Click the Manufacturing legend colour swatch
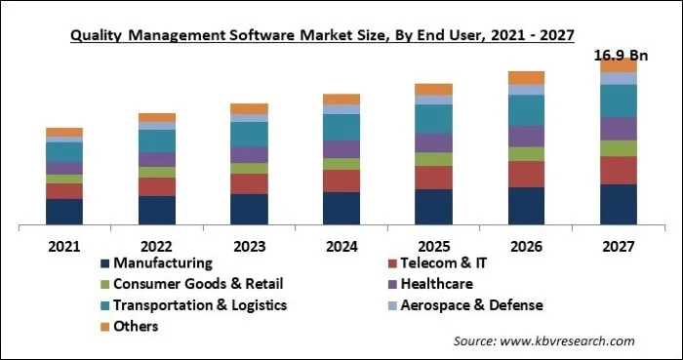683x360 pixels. pos(104,263)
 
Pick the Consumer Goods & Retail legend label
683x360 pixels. pos(198,284)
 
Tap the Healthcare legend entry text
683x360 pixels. pos(445,284)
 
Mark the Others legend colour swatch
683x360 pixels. pos(104,327)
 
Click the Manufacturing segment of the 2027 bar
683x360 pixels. pos(618,204)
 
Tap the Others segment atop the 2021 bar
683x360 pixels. pos(64,132)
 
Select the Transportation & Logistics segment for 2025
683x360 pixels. pos(433,118)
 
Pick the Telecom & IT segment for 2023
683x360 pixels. pos(249,183)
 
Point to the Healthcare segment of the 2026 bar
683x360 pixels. pos(526,136)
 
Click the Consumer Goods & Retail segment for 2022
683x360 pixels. pos(157,172)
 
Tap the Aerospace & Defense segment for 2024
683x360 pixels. pos(341,109)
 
